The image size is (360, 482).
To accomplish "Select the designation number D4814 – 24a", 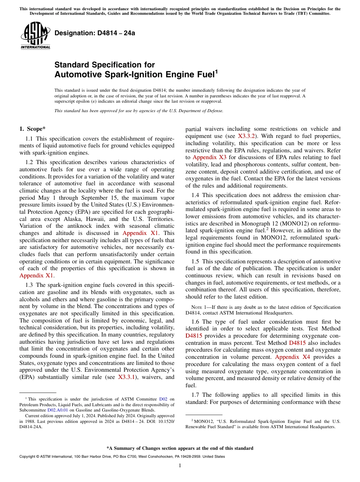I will pos(95,33).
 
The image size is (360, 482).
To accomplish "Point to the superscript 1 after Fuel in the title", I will pos(216,72).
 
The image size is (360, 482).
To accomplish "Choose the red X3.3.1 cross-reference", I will pos(128,377).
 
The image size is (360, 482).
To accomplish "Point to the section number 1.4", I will pos(195,195).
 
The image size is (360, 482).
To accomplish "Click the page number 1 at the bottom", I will pos(180,465).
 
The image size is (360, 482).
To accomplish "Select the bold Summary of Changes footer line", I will pos(180,448).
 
